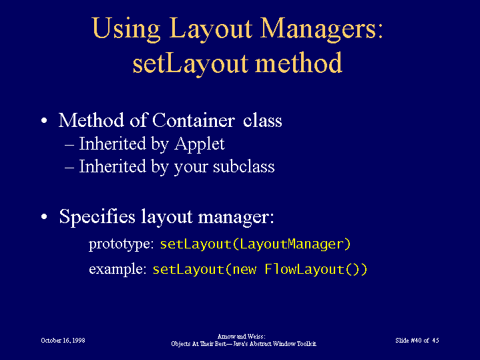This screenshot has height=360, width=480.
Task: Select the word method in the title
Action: (298, 63)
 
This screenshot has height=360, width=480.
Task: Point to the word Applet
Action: (200, 145)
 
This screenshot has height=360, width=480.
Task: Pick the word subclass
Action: (244, 167)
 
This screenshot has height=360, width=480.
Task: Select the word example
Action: (117, 269)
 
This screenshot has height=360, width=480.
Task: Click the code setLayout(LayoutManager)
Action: (255, 244)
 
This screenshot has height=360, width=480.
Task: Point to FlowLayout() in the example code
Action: (316, 269)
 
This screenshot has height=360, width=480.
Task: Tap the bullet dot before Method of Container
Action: (44, 120)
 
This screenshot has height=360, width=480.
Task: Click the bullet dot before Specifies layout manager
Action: (44, 216)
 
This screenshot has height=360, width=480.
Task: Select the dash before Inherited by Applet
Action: (69, 145)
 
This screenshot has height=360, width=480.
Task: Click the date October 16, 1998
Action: (63, 341)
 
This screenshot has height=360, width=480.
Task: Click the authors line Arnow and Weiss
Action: (241, 337)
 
